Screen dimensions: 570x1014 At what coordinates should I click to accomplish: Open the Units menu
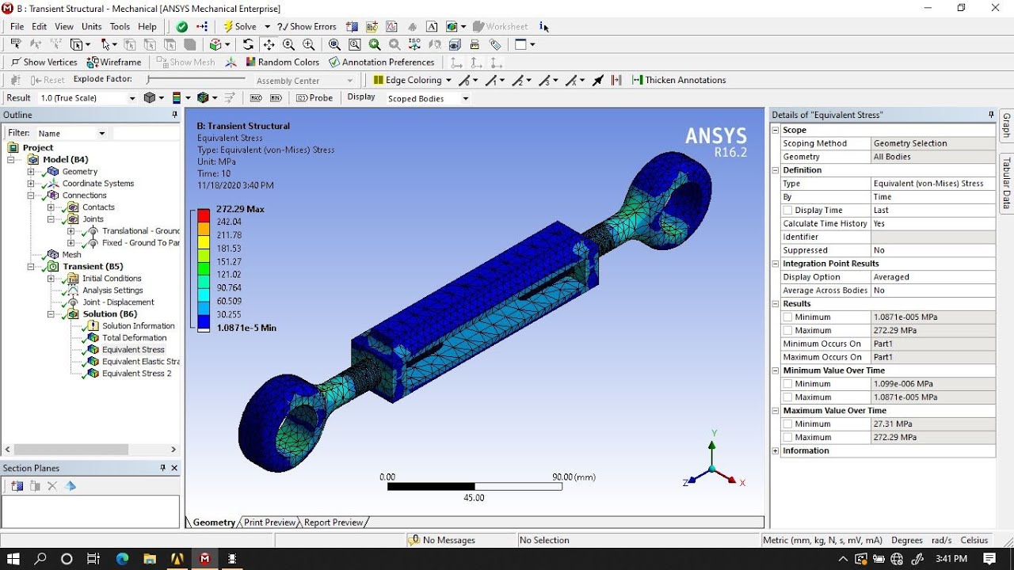click(x=91, y=26)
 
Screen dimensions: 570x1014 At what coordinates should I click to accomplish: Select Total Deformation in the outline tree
click(x=133, y=337)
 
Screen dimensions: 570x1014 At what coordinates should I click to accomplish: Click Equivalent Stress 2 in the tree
click(x=136, y=373)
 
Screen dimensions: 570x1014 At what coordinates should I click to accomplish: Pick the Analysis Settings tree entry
click(x=112, y=290)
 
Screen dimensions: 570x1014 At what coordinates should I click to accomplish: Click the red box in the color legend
click(x=204, y=215)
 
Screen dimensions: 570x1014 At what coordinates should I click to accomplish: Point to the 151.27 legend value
click(x=229, y=261)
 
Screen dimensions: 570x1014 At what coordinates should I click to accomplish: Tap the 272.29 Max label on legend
click(x=240, y=209)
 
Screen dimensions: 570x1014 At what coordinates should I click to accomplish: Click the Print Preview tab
click(x=269, y=522)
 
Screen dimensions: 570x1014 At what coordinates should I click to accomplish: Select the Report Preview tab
click(x=334, y=522)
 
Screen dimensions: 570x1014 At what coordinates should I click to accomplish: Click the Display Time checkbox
click(x=787, y=211)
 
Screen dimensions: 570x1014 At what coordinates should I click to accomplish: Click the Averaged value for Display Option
click(x=891, y=277)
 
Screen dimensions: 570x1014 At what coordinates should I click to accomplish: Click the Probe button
click(x=314, y=97)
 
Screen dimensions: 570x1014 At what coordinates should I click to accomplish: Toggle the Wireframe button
click(x=114, y=62)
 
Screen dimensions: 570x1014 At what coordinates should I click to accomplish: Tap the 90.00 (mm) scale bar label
click(x=574, y=477)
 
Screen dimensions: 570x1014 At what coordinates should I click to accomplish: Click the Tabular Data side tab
click(x=1007, y=182)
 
